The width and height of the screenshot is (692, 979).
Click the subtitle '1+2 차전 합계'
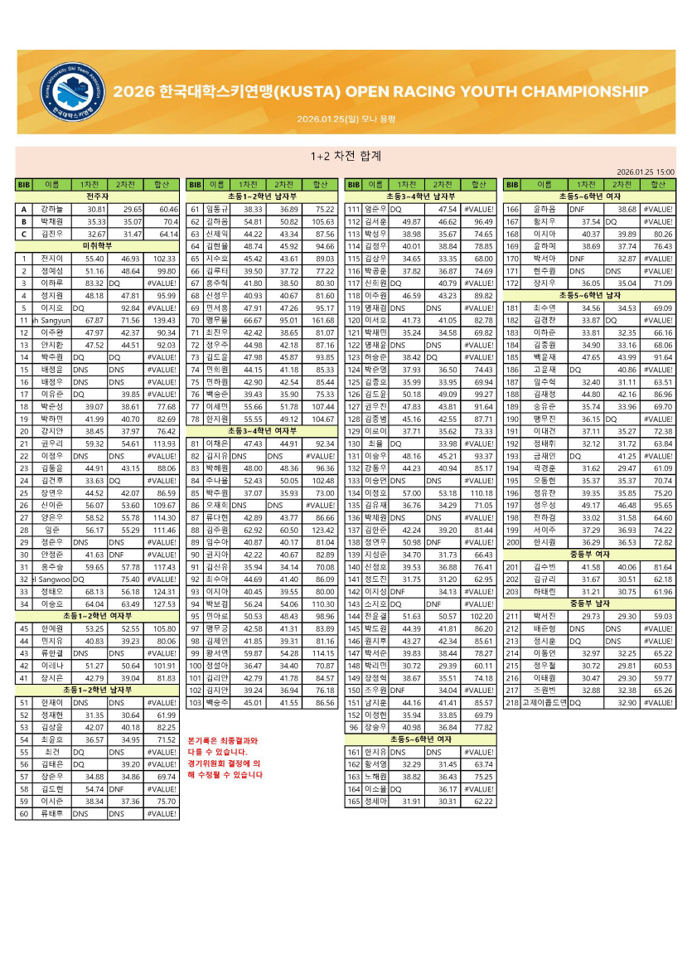[345, 155]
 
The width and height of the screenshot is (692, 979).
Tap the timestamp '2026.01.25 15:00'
[646, 171]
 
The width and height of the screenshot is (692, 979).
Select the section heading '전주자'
[97, 196]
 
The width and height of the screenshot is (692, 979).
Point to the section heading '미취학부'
[97, 246]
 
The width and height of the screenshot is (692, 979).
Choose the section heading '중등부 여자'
[589, 554]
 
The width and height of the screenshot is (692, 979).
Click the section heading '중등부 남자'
[589, 603]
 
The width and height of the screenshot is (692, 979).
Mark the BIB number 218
[511, 702]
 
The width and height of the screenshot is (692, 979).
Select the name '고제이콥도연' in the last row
[544, 702]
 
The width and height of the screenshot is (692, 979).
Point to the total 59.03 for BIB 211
[659, 616]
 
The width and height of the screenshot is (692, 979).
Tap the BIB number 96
[354, 727]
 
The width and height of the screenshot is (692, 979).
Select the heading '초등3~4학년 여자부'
[262, 431]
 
